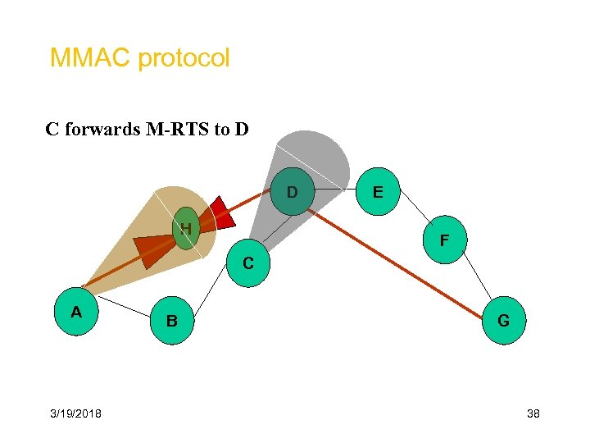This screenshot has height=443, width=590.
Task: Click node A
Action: [x=76, y=312]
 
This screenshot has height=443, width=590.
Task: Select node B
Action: [x=172, y=319]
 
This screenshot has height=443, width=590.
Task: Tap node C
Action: [x=247, y=263]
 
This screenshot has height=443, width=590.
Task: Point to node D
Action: [x=291, y=192]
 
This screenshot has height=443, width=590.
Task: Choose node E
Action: [x=378, y=191]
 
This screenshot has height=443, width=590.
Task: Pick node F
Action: [x=443, y=240]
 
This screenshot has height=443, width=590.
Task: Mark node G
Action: [x=503, y=320]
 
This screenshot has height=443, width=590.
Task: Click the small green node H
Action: [x=187, y=228]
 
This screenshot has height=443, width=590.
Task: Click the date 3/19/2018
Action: [x=75, y=413]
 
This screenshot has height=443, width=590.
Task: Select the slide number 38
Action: [x=533, y=413]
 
